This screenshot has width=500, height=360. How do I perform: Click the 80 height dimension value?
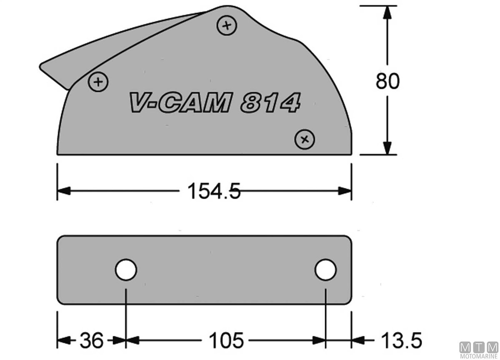click(x=387, y=81)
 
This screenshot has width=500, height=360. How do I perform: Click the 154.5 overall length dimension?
click(x=214, y=191)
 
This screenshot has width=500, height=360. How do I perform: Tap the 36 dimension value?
click(x=92, y=340)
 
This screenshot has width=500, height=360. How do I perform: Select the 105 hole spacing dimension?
click(x=226, y=340)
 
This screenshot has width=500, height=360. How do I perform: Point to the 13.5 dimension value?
click(x=402, y=340)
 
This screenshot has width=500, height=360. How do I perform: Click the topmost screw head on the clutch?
click(x=227, y=25)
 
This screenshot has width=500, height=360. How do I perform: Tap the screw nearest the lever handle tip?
click(x=98, y=82)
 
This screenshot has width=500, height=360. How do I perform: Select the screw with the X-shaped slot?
click(x=305, y=140)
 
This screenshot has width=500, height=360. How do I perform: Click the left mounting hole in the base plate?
click(x=126, y=270)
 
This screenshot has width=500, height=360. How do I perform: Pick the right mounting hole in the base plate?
click(x=326, y=270)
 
